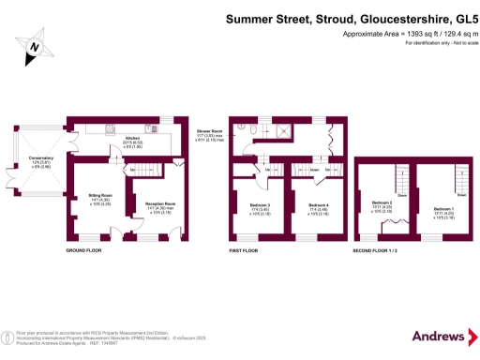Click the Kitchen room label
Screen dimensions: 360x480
[132, 138]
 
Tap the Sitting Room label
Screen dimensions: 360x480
[87, 195]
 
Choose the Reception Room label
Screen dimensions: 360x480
[151, 203]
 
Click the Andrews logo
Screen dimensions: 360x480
[439, 336]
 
